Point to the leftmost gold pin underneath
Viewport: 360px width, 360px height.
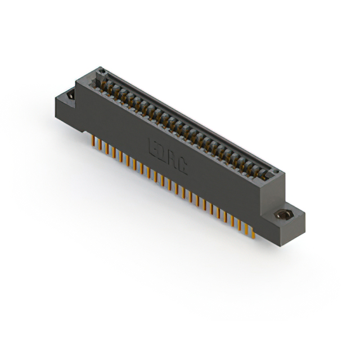point(93,141)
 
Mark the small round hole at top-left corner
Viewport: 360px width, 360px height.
point(102,71)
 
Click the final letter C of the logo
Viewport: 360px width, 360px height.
point(182,166)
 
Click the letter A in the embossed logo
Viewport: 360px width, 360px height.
point(172,160)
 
